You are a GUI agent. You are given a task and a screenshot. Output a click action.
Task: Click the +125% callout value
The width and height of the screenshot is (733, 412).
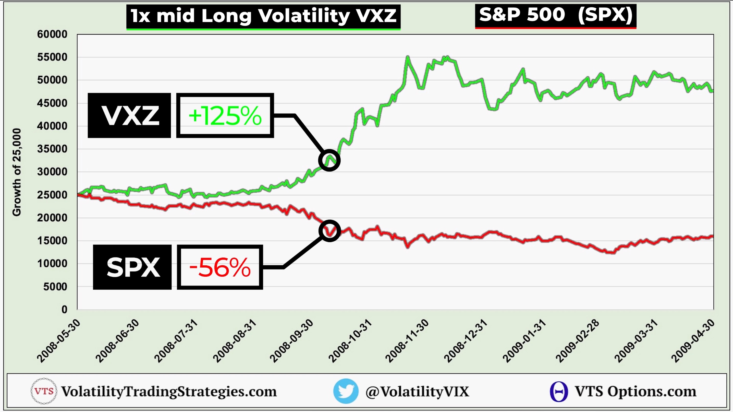point(225,116)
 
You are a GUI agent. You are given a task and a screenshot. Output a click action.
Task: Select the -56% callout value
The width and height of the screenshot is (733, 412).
point(220,267)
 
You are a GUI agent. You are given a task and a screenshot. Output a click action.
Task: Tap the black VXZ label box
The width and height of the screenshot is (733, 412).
point(129,116)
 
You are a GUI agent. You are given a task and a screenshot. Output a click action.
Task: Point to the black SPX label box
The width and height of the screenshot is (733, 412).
point(132,267)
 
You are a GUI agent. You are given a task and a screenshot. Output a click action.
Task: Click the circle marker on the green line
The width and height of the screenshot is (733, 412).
point(329,160)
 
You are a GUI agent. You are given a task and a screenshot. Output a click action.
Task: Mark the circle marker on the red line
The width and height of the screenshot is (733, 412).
point(330,231)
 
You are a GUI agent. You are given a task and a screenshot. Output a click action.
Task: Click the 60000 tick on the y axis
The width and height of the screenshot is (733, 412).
point(52,35)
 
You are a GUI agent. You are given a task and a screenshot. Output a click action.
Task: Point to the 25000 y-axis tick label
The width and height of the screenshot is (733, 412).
point(52,195)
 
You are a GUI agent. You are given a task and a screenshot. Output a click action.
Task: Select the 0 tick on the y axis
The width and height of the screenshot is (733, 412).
point(64,310)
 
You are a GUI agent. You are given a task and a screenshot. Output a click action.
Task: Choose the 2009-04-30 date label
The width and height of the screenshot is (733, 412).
point(693,341)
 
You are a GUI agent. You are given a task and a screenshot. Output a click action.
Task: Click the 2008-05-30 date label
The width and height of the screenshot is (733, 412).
point(59,341)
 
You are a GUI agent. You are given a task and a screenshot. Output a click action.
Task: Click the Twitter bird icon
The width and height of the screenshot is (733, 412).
point(346,391)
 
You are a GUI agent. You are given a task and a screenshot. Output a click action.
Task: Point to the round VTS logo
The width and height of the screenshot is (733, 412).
point(44,391)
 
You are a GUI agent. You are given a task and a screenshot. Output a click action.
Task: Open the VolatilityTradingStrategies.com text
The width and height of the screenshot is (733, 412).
point(169,391)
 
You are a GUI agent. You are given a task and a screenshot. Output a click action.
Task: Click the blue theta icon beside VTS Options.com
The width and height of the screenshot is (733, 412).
point(559,391)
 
